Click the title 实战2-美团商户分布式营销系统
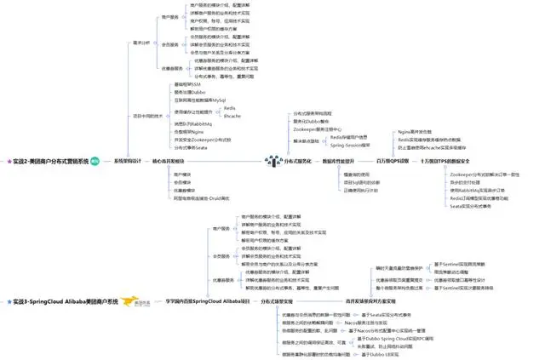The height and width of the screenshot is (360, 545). (x=51, y=160)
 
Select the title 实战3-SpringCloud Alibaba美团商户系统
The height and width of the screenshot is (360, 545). (x=60, y=301)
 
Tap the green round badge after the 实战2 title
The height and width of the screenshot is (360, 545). (x=95, y=160)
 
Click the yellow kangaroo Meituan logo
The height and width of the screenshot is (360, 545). (x=134, y=301)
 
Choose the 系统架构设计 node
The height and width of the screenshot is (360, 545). (x=126, y=160)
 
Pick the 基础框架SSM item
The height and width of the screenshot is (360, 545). (x=186, y=84)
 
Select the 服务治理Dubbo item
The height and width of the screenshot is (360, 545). (x=187, y=92)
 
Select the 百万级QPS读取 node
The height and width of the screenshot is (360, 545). (x=393, y=160)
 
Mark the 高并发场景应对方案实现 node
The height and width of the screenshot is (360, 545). (x=370, y=301)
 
